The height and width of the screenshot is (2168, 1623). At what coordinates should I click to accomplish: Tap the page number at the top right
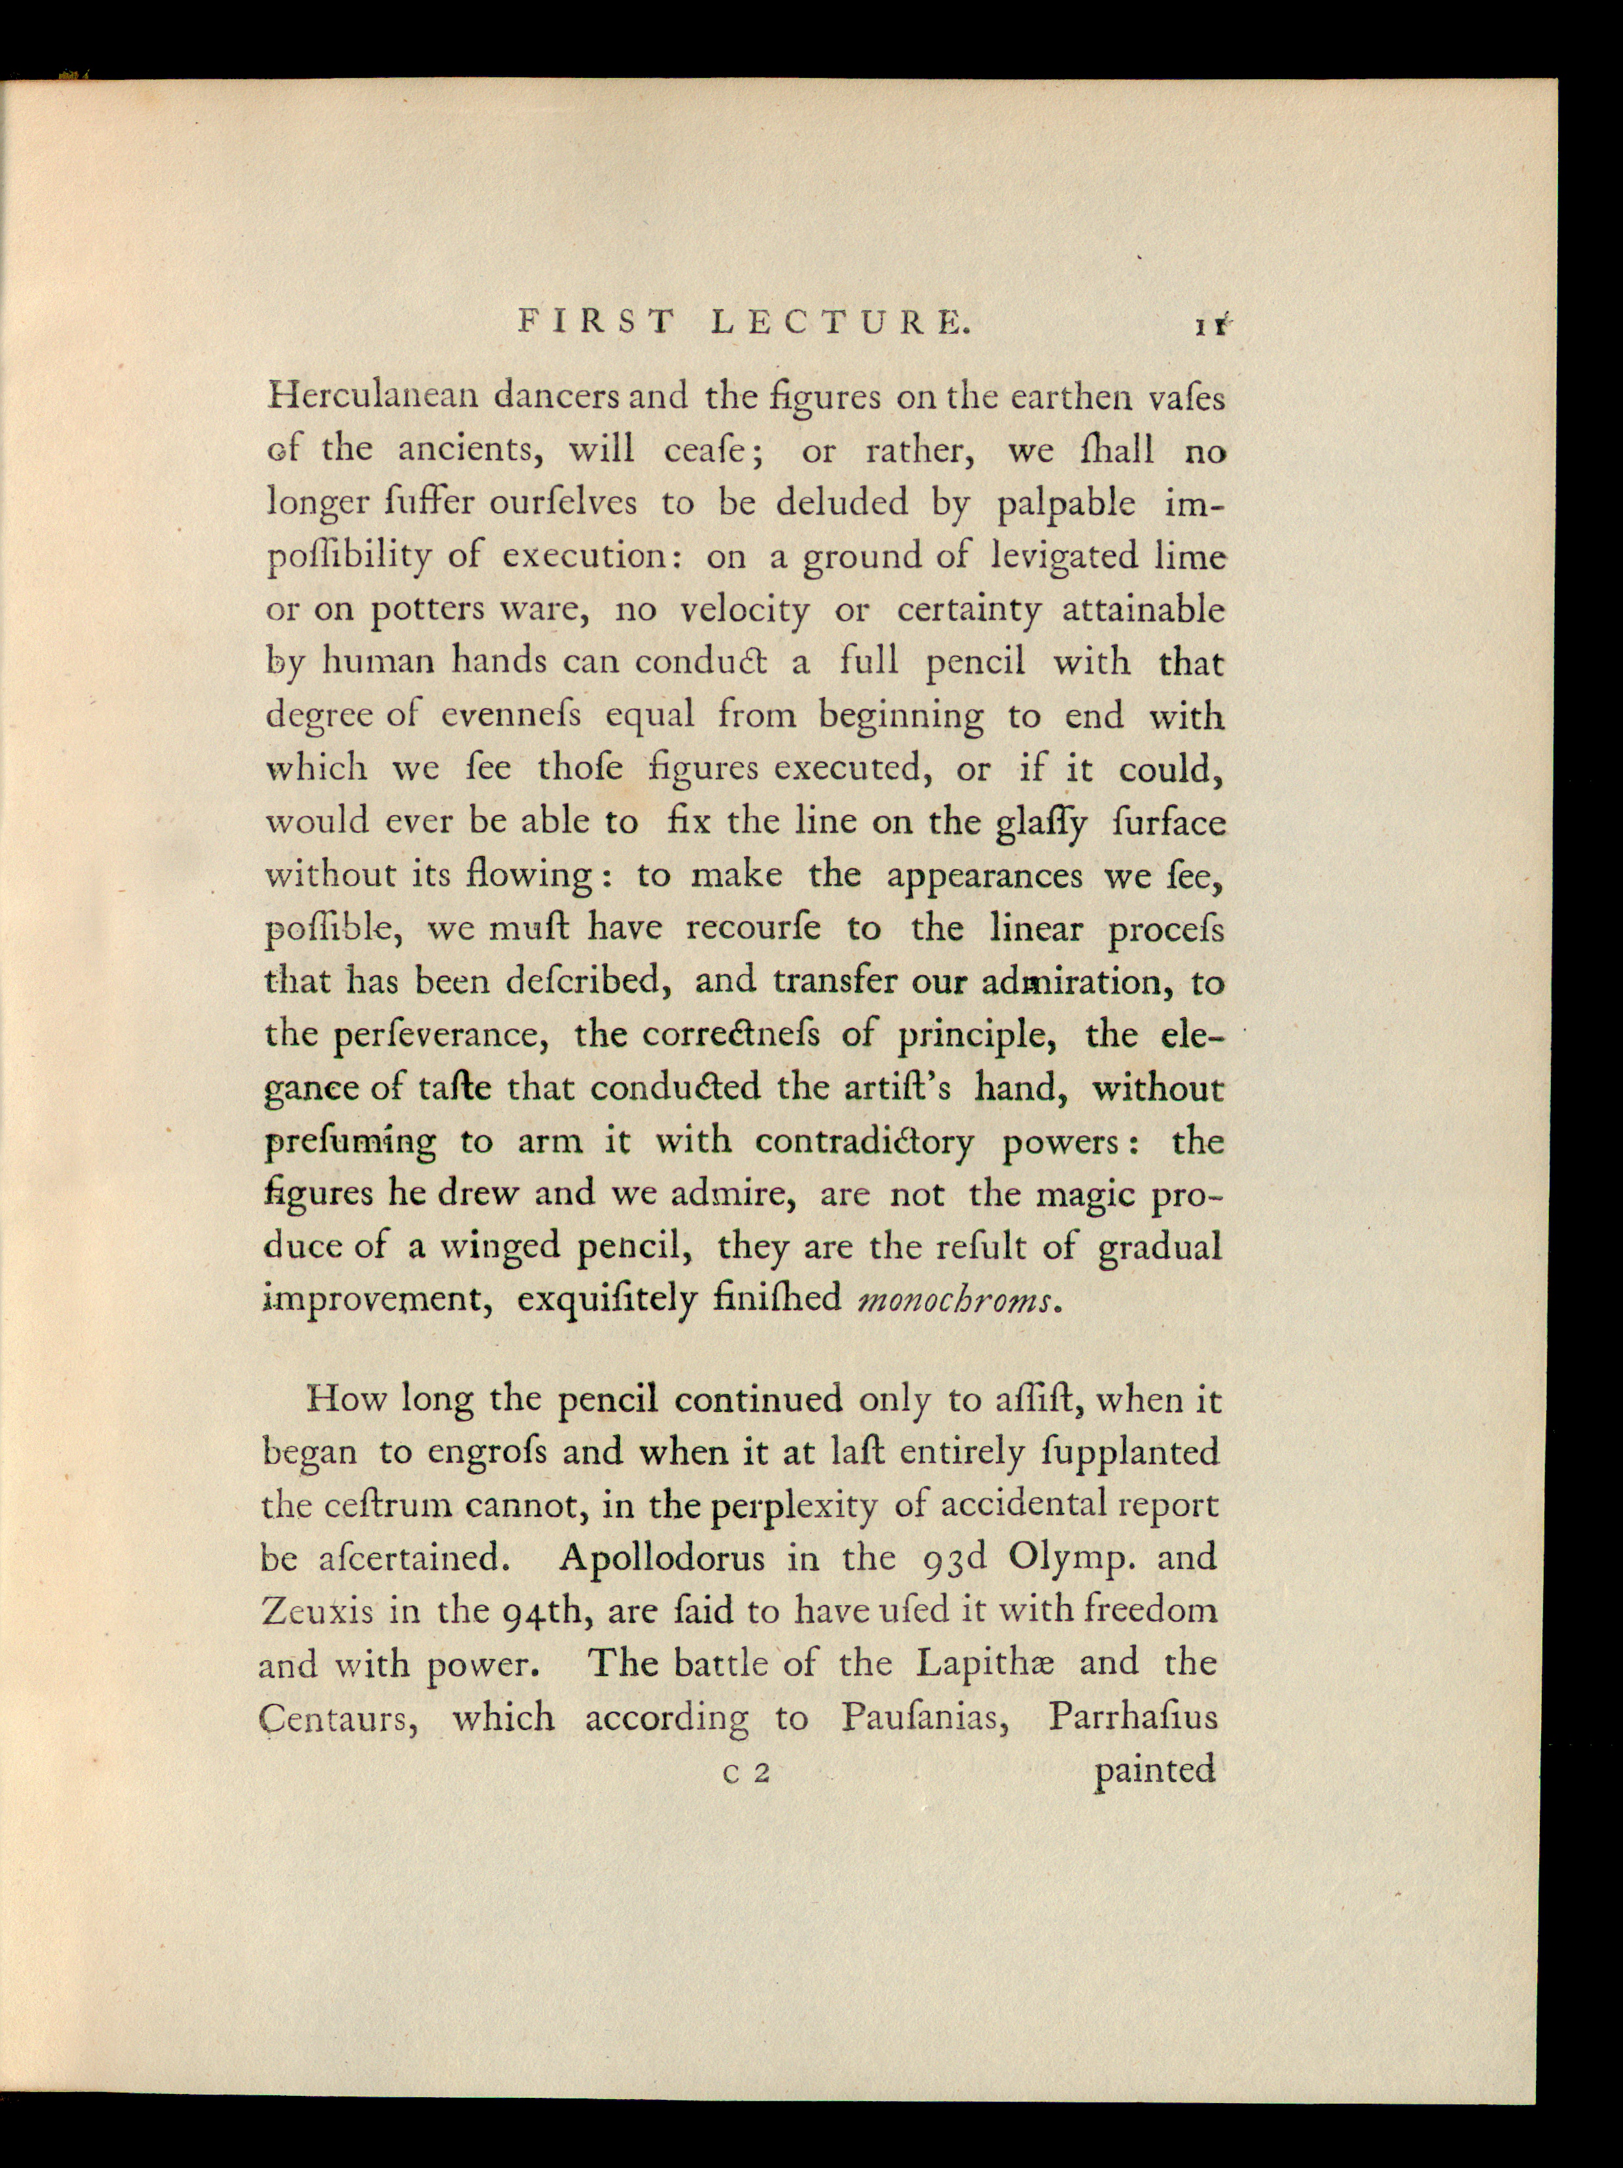pyautogui.click(x=1212, y=326)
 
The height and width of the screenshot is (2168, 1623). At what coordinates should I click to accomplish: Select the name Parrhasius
pyautogui.click(x=1132, y=1716)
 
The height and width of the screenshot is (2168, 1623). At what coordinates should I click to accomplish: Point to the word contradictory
pyautogui.click(x=863, y=1141)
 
